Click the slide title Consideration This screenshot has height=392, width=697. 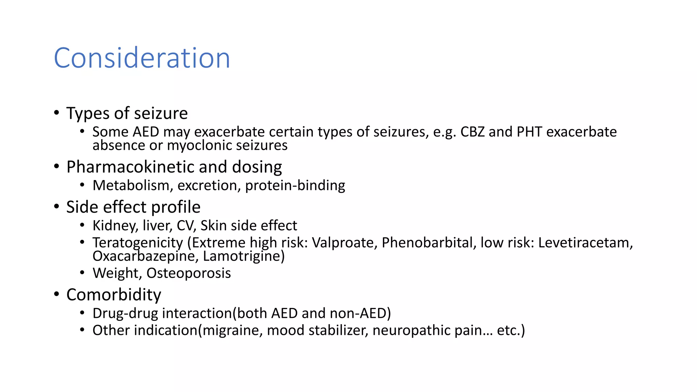[142, 58]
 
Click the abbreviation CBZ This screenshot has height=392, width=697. [472, 132]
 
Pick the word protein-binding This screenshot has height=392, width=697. [295, 185]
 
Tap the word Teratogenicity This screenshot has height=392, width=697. [138, 243]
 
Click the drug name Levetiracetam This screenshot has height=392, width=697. [585, 243]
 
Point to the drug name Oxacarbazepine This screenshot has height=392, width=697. [145, 256]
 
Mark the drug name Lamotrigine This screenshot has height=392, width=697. [244, 256]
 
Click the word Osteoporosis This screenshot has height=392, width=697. [189, 273]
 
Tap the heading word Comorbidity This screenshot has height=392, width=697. [114, 295]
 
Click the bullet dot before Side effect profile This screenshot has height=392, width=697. [56, 207]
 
